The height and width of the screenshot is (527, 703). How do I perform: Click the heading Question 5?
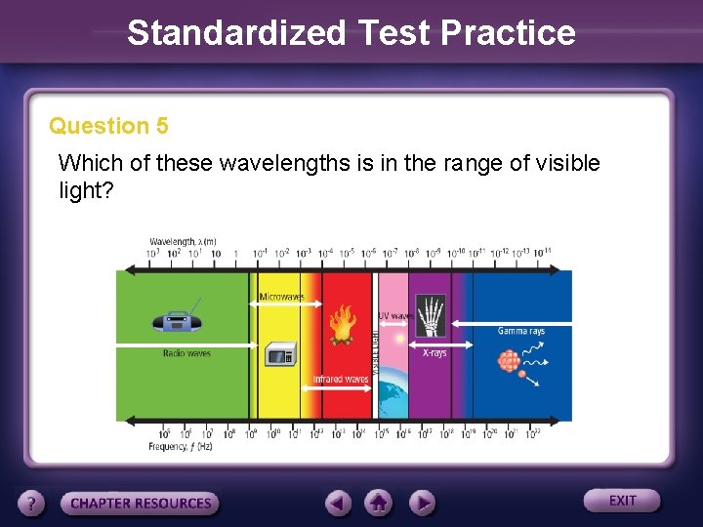pos(108,126)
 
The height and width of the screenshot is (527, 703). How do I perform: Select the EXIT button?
pos(622,501)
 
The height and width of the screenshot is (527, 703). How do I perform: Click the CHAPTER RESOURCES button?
pos(141,504)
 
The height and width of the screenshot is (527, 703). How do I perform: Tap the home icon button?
pos(378,503)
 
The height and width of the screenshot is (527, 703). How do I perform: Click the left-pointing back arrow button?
pos(338,503)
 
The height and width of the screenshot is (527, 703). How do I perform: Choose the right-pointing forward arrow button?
pos(421,503)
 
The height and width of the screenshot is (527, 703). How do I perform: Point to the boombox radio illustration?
pos(176,322)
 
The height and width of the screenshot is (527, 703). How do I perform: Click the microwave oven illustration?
pos(281,355)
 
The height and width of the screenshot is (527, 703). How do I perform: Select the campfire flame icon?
pos(341,326)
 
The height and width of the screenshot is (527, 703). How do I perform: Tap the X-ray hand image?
pos(430,315)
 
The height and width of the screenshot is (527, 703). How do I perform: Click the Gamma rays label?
pos(520,332)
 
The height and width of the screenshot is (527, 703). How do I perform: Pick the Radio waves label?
pos(186,353)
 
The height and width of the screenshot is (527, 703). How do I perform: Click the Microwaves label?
pos(281,297)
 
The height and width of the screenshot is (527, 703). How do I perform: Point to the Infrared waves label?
pos(340,379)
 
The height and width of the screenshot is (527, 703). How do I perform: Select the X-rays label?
pos(434,352)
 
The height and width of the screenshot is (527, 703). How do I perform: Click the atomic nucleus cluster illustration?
pos(509,361)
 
